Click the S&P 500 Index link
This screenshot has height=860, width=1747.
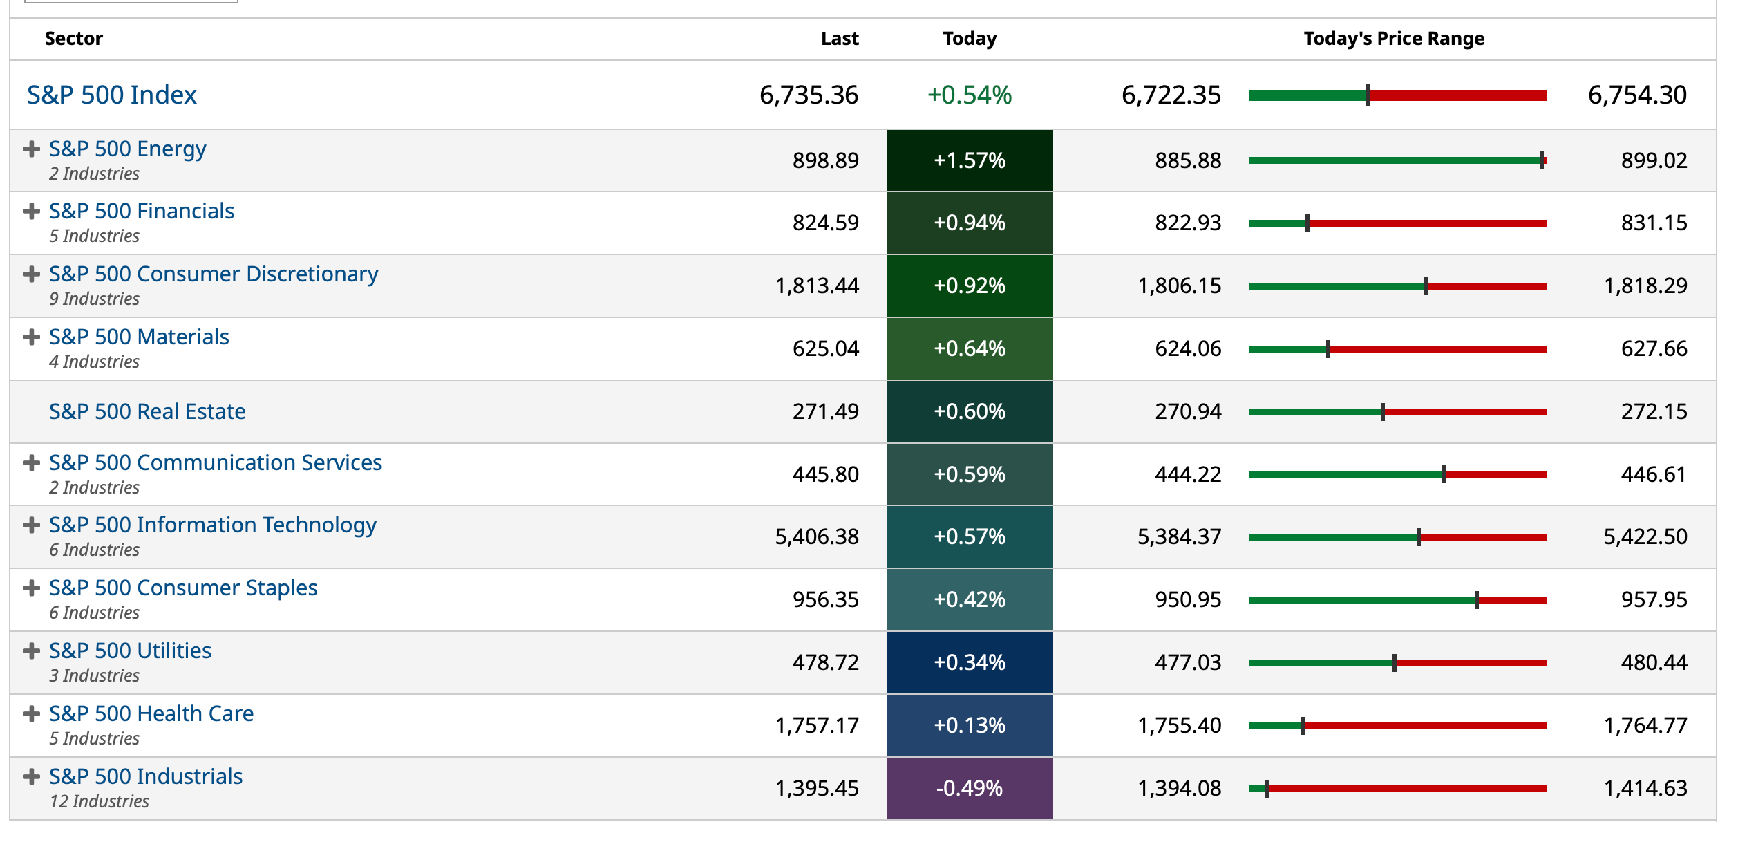[x=111, y=95]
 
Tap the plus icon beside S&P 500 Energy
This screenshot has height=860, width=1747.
[x=31, y=149]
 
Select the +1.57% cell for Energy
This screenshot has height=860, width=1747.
[x=969, y=160]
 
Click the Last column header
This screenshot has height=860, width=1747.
[x=839, y=39]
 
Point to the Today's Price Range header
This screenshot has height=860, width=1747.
[x=1393, y=39]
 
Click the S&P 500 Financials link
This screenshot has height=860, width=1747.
[x=141, y=211]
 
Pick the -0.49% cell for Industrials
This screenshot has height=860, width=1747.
[x=969, y=788]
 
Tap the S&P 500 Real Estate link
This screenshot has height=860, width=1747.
[x=147, y=411]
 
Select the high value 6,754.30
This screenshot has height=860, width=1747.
[x=1636, y=95]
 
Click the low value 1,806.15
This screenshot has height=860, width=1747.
[x=1179, y=286]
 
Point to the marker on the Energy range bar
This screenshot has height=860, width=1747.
[x=1541, y=160]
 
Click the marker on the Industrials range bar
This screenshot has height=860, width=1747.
[x=1267, y=789]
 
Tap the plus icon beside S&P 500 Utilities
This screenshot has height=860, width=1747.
[x=31, y=651]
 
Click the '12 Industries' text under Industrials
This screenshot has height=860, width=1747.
[x=99, y=801]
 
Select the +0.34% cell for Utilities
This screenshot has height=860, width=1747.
[x=969, y=662]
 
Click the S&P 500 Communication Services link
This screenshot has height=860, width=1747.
[x=215, y=462]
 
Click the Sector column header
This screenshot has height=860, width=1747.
[x=73, y=39]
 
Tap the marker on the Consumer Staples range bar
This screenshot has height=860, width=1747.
[x=1476, y=600]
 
